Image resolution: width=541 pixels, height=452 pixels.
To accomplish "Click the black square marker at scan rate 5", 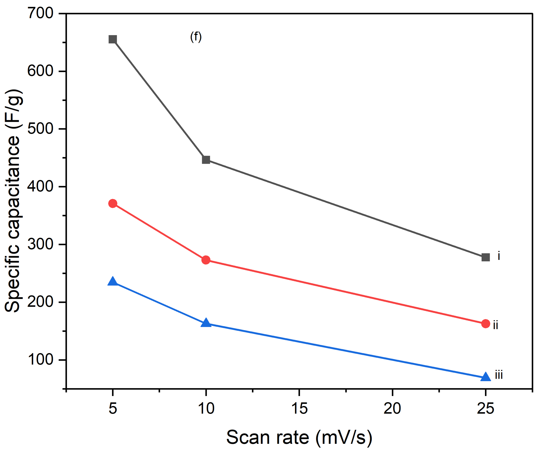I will pos(112,39).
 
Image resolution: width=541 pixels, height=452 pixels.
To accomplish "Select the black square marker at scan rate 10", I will pos(206,160).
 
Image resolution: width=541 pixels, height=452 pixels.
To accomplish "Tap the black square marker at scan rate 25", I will pos(485,257).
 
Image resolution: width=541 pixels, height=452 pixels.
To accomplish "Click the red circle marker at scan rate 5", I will pos(112,204).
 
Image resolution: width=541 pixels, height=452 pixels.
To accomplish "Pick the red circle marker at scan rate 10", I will pos(206,260).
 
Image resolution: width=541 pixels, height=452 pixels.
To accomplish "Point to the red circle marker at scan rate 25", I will pos(485,324).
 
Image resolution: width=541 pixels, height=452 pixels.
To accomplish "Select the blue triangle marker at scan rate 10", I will pos(206,323).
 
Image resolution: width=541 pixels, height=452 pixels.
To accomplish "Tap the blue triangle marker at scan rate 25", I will pos(485,377).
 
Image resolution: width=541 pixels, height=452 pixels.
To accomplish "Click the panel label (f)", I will pos(196,37).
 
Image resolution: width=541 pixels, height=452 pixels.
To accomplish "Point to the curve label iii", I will pos(499,375).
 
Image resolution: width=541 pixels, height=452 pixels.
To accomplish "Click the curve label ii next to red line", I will pos(495,325).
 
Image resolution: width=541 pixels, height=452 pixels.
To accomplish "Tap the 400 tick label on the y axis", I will pos(40,186).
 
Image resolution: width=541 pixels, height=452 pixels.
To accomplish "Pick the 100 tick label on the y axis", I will pos(40,360).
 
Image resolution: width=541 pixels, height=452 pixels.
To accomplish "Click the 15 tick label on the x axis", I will pos(299,408).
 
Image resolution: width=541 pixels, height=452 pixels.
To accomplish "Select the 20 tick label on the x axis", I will pos(392,408).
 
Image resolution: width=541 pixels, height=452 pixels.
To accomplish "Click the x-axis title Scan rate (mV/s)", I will pos(299,437).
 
